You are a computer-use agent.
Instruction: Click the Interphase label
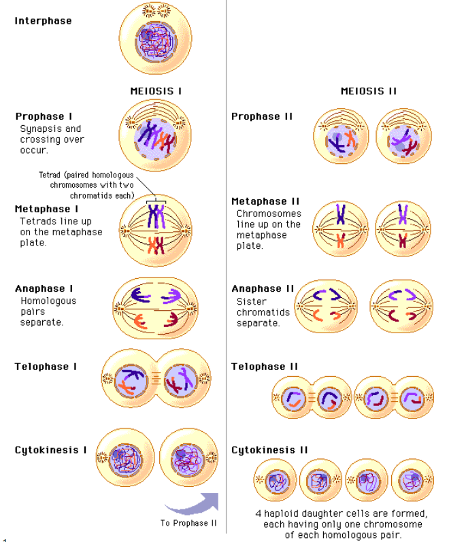[44, 21]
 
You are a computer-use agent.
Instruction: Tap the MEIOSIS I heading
[156, 91]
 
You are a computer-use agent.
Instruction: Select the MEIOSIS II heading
[369, 91]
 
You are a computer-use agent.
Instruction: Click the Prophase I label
[44, 116]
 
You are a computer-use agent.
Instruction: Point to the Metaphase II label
[265, 201]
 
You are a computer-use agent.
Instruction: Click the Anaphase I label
[44, 288]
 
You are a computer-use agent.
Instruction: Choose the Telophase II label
[265, 367]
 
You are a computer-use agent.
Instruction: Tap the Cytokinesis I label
[50, 450]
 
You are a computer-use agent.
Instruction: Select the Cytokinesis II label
[269, 450]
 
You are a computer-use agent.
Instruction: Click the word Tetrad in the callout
[50, 175]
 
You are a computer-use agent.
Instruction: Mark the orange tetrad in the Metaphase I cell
[156, 245]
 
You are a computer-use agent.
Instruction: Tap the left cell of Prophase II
[342, 136]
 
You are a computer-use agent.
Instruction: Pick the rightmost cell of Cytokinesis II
[412, 480]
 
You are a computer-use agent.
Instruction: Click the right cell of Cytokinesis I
[188, 458]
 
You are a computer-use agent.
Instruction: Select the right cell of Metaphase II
[403, 228]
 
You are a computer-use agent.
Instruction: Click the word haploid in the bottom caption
[280, 513]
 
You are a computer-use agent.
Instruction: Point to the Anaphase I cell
[156, 308]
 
